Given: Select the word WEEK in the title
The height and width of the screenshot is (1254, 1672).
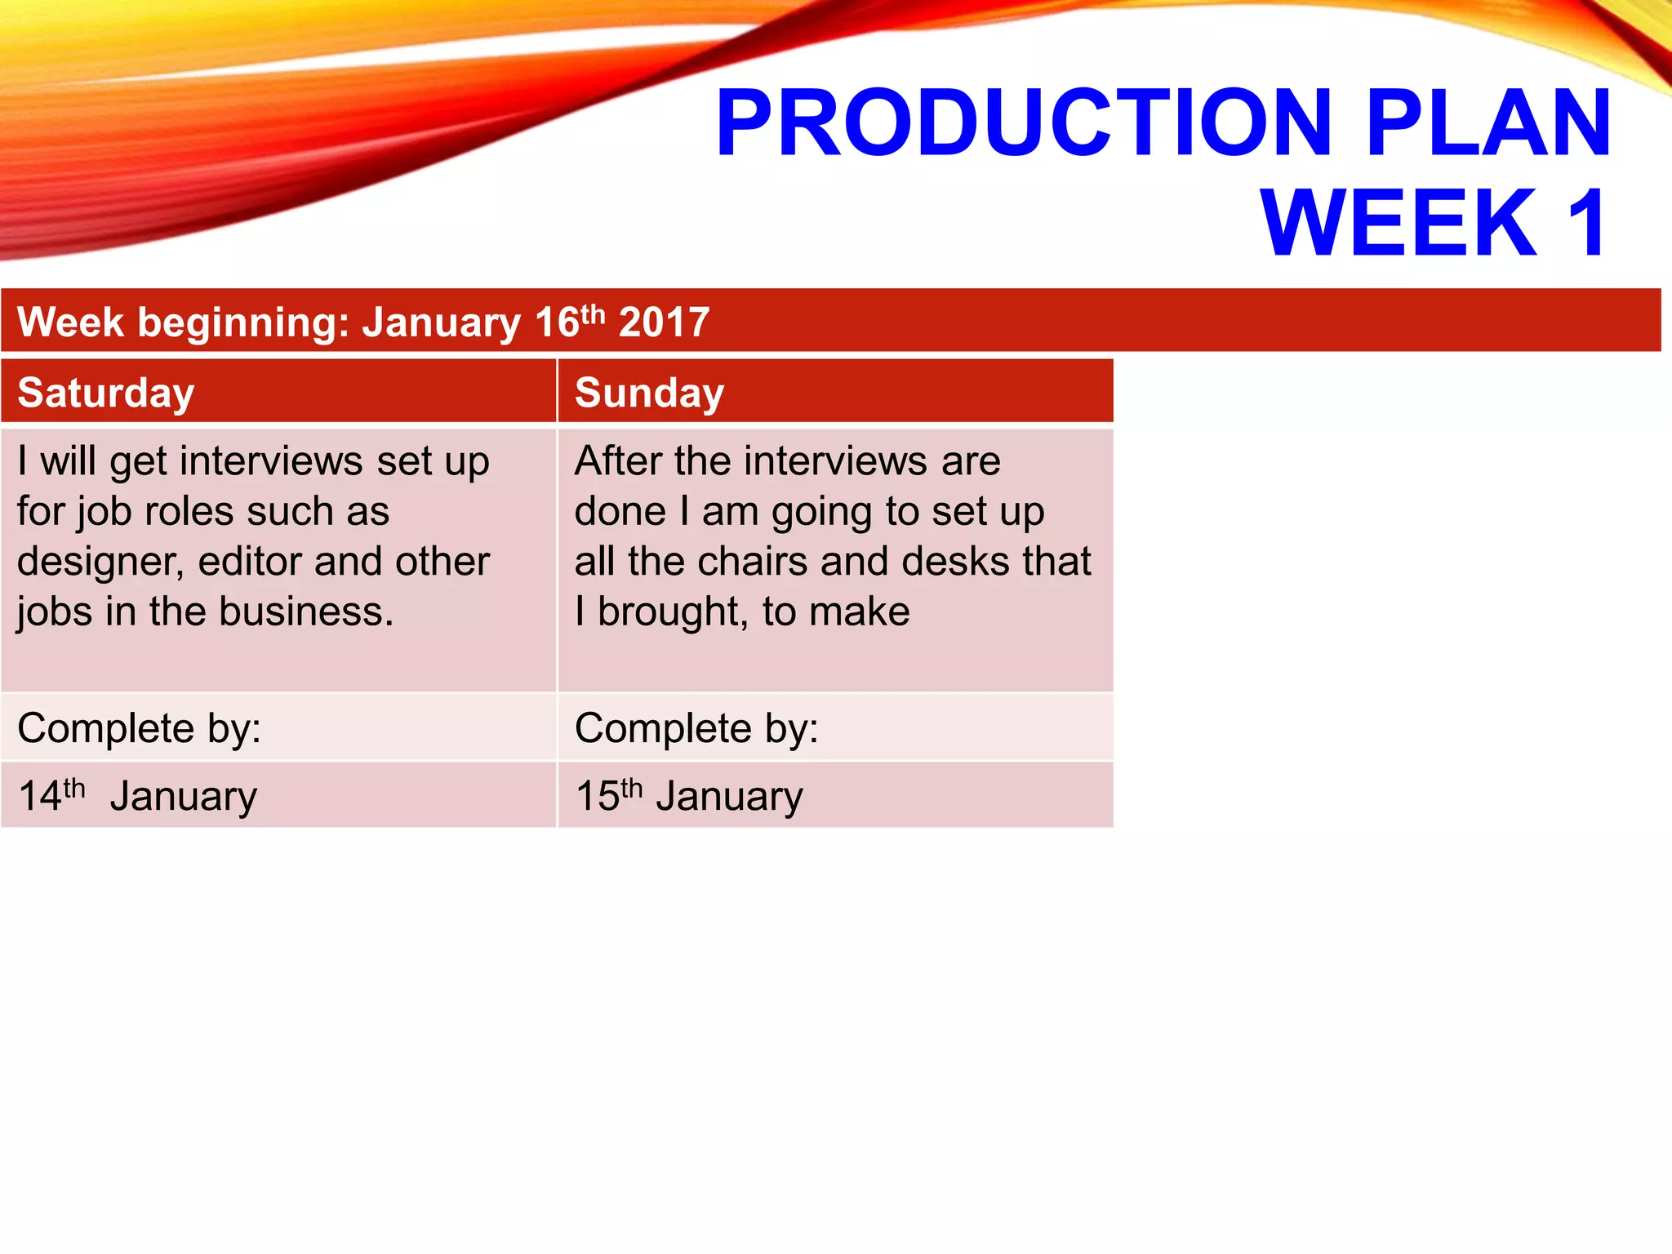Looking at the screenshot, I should [1399, 223].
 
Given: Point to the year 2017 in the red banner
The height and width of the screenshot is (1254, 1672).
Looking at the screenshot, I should [664, 322].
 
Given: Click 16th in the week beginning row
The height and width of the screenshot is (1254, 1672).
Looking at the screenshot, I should [569, 321].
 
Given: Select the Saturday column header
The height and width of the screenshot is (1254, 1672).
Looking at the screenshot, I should [106, 393].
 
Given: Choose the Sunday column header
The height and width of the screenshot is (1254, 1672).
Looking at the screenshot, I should [649, 393].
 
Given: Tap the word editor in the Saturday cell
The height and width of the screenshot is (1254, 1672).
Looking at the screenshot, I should [251, 562].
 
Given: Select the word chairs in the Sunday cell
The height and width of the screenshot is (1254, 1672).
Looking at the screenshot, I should [751, 562].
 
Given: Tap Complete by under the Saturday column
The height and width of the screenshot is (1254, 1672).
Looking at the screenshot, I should [139, 727].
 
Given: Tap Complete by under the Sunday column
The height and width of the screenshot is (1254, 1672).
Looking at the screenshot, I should [696, 727].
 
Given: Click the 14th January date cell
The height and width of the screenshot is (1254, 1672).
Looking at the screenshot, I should [137, 796].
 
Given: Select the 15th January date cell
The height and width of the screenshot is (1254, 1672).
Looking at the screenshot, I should [689, 796].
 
